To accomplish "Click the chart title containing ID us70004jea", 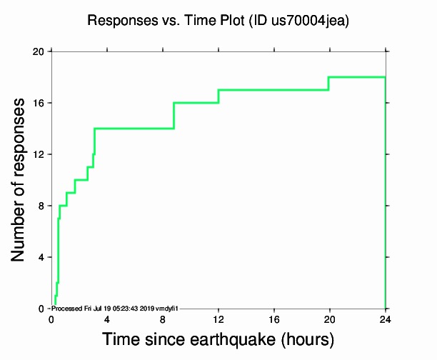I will click(218, 21).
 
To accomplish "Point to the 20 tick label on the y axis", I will click(38, 52).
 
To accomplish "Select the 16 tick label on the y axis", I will click(38, 104).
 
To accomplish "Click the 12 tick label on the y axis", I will click(38, 155).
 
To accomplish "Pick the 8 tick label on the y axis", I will click(41, 206).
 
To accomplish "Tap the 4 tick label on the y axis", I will click(41, 258).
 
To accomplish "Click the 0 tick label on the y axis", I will click(41, 309).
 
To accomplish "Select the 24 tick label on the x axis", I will click(386, 319).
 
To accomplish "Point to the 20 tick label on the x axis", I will click(330, 319).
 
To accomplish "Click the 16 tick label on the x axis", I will click(274, 319).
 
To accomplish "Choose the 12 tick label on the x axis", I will click(218, 319).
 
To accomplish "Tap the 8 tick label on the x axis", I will click(163, 319).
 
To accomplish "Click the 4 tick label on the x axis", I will click(107, 319).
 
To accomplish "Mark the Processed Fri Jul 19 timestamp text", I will click(114, 308).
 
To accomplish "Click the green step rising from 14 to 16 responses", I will click(174, 116).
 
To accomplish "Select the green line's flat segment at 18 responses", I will click(357, 77).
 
